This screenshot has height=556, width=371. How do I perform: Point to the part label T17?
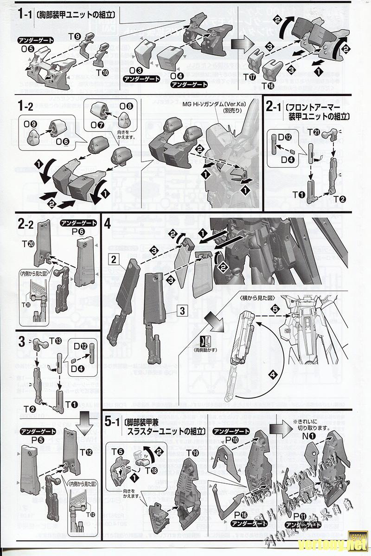pyautogui.click(x=249, y=77)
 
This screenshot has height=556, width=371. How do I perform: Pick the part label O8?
pyautogui.click(x=126, y=106)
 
